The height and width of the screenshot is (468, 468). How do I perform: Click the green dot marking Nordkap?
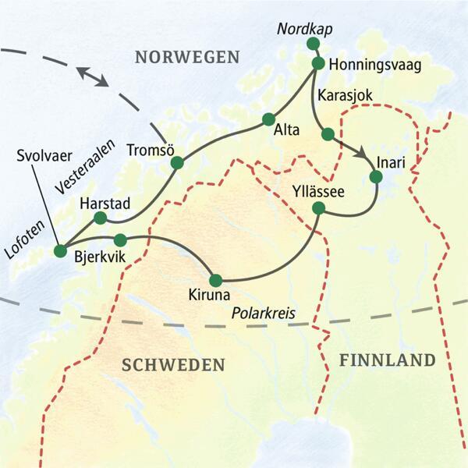pos(313,43)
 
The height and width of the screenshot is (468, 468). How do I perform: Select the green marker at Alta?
pos(268,119)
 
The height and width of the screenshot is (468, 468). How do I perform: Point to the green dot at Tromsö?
pos(177,163)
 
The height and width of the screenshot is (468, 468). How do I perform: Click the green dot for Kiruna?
pos(216,280)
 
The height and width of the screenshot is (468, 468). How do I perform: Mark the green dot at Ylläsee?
pos(318,208)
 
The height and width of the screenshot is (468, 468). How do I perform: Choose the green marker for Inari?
pos(376,177)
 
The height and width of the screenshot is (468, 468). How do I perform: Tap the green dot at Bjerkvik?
pos(120,239)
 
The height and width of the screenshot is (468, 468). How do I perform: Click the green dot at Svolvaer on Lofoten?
pos(60,250)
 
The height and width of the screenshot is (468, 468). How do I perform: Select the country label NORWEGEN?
pos(186,56)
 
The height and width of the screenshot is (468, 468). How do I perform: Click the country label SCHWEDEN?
pos(173,365)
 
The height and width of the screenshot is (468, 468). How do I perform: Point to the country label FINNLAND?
pos(386,360)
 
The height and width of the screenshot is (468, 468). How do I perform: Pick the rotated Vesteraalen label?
pos(86,167)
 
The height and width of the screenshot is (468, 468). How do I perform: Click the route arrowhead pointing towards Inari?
pos(363,156)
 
